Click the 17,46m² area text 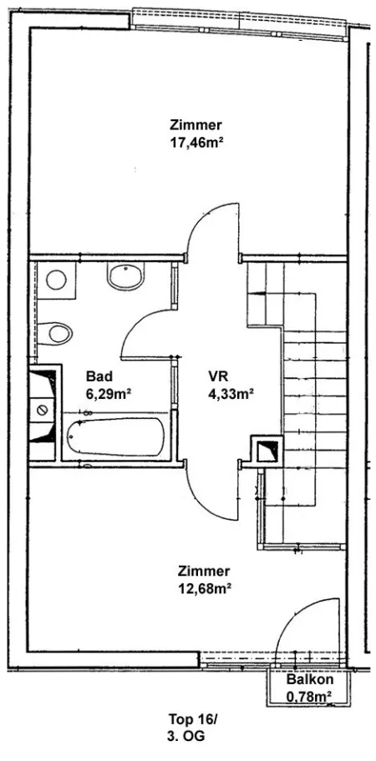[x=196, y=143]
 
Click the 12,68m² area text [x=204, y=589]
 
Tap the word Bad [x=99, y=376]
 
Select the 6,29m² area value [x=109, y=394]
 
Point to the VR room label [x=218, y=376]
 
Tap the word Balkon [x=309, y=678]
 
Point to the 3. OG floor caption [x=185, y=736]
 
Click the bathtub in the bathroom [x=115, y=436]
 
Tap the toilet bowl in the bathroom [x=55, y=334]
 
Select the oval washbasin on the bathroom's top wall [x=126, y=276]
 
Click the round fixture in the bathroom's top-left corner [x=56, y=280]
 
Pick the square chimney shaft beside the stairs [x=267, y=451]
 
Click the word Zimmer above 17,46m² [x=196, y=124]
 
